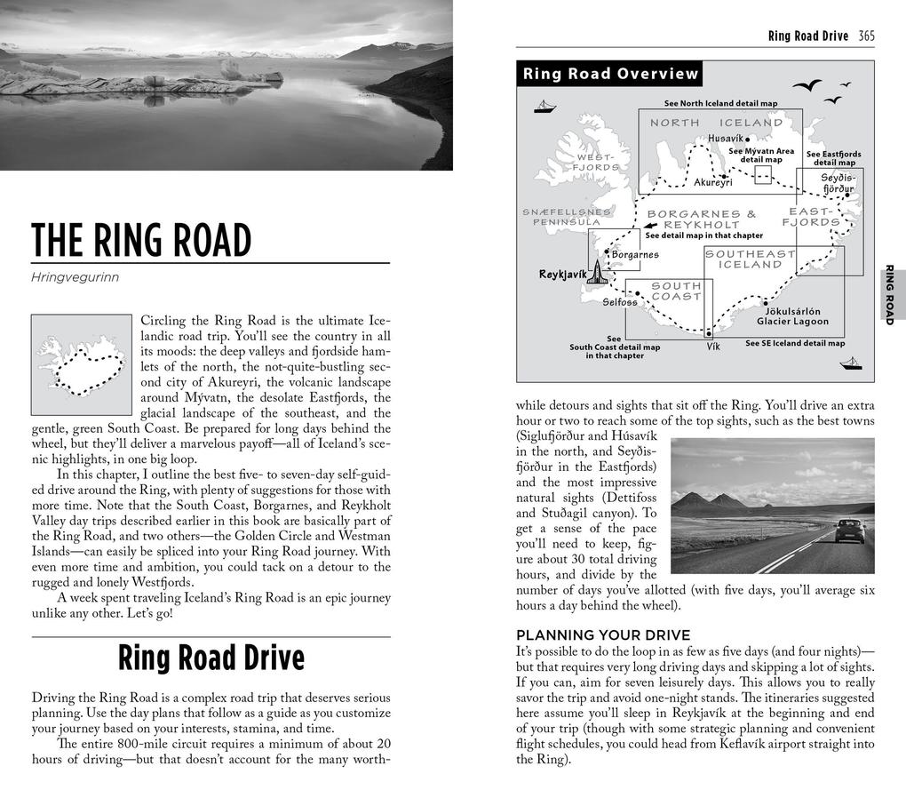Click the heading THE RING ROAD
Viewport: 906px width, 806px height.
[x=141, y=240]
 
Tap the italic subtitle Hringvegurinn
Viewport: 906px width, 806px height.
[x=75, y=277]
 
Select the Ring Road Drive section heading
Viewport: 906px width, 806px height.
[x=211, y=658]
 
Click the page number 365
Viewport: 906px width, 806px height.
[x=866, y=36]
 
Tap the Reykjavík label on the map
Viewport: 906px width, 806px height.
[x=562, y=275]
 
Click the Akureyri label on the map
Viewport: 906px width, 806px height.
[x=712, y=182]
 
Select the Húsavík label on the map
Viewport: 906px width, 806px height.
[x=725, y=139]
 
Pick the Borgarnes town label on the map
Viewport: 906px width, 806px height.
[x=635, y=255]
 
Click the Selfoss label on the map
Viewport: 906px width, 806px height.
[x=620, y=302]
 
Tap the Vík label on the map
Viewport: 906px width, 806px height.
[x=713, y=347]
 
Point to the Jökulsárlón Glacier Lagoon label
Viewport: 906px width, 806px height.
[x=792, y=316]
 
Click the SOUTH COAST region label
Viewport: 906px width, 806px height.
[x=676, y=291]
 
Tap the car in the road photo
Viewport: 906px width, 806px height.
[x=849, y=531]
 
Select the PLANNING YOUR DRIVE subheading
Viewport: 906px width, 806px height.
[x=603, y=635]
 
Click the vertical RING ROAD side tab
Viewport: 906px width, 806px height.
[x=891, y=294]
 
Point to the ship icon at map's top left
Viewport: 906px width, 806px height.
[x=544, y=107]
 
